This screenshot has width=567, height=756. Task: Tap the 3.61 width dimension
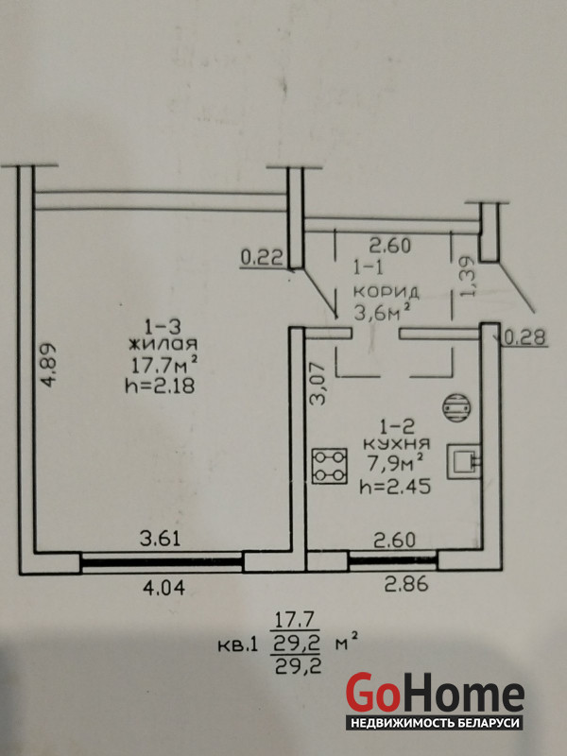(x=160, y=538)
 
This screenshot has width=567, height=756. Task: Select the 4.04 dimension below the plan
(x=164, y=588)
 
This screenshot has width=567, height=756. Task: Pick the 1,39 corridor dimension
(x=468, y=277)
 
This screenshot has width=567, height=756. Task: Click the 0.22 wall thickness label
(x=262, y=259)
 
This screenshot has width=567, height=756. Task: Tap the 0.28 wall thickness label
(x=526, y=337)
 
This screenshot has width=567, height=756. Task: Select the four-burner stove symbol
(x=329, y=466)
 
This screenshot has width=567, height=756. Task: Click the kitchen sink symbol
(x=464, y=461)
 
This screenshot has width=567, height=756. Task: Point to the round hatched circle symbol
(x=456, y=406)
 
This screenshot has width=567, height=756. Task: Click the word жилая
(x=163, y=344)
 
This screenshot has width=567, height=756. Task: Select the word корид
(x=387, y=292)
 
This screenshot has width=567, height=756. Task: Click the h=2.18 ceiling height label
(x=160, y=387)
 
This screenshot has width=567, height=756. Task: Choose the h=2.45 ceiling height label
(x=395, y=487)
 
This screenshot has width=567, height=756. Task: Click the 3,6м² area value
(x=384, y=313)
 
